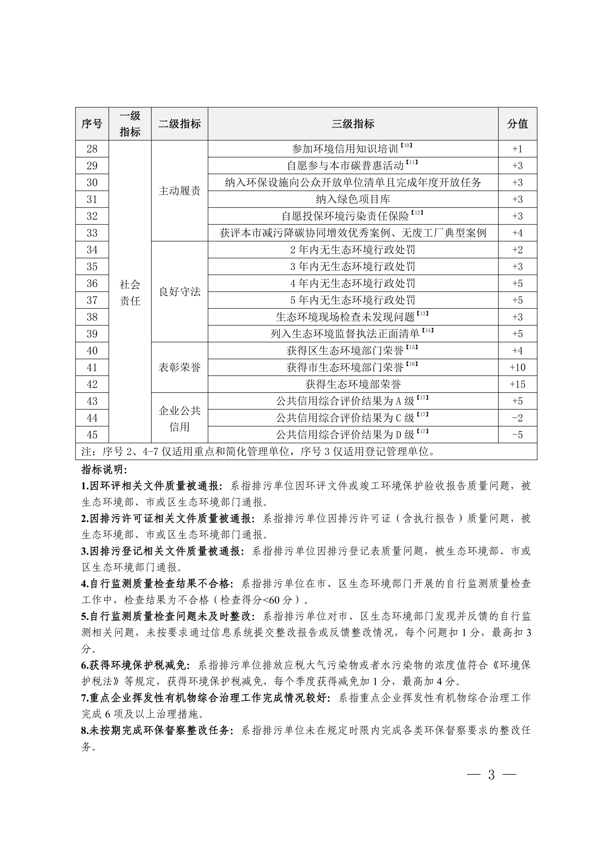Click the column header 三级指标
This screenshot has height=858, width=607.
(353, 124)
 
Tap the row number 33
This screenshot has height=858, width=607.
(92, 233)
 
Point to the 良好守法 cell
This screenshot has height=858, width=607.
(179, 291)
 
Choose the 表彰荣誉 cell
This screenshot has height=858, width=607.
(179, 367)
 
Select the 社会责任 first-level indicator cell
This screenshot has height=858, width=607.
(130, 292)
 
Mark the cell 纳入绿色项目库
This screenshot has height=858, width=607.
(353, 199)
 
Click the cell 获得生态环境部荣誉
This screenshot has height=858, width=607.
(353, 384)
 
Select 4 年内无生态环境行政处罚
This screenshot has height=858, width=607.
(353, 283)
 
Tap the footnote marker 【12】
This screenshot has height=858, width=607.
(417, 213)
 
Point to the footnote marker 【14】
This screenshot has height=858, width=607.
(428, 331)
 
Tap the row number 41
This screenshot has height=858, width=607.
(92, 367)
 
